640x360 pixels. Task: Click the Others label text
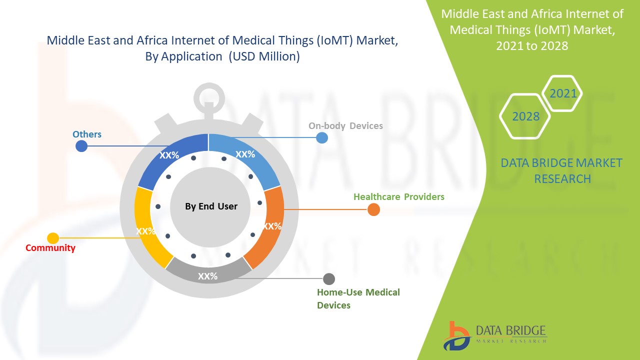[87, 134]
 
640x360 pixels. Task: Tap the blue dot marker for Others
[81, 146]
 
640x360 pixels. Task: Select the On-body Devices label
[345, 125]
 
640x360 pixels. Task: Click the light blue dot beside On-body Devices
[322, 137]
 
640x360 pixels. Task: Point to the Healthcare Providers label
[398, 196]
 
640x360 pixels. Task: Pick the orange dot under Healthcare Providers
[373, 210]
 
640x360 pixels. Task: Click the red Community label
[50, 247]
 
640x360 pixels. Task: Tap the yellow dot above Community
[53, 238]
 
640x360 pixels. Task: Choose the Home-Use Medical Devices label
[358, 298]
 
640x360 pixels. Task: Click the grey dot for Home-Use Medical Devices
[329, 279]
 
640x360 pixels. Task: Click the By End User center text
[211, 206]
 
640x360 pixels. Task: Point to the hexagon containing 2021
[562, 93]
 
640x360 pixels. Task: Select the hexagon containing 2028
[525, 116]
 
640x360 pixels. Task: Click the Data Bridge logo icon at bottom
[456, 335]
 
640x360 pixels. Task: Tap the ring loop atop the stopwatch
[209, 95]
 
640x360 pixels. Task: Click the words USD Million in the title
[264, 56]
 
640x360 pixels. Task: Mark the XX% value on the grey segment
[207, 276]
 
